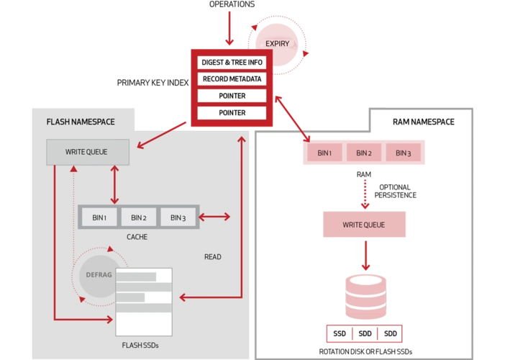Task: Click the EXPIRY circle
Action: pos(278,44)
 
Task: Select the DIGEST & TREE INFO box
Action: pos(232,63)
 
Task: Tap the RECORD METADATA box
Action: pos(232,79)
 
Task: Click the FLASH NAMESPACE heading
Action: pos(80,122)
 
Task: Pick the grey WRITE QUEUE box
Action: pos(88,152)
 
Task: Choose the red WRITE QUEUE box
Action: pos(363,225)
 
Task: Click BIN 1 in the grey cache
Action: pos(99,218)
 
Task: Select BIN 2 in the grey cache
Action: pos(138,218)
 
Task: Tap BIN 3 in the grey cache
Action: pos(177,218)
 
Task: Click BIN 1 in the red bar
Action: pos(324,153)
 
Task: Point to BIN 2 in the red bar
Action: pos(363,153)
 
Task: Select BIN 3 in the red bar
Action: pos(403,153)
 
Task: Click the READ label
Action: pos(212,257)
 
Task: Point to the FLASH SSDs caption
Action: pos(141,346)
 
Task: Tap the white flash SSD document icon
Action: pos(144,301)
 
